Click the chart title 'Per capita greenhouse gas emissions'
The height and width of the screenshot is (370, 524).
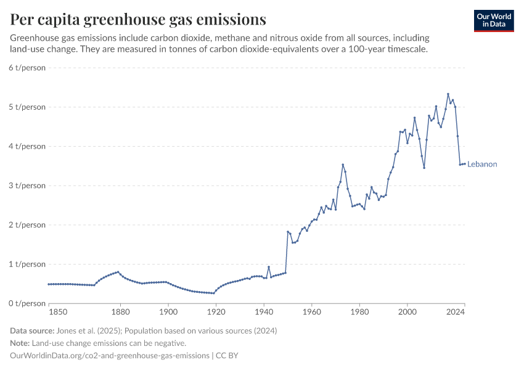click(138, 19)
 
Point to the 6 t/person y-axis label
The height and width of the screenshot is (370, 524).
click(27, 68)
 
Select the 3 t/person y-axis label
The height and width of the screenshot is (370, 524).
click(27, 186)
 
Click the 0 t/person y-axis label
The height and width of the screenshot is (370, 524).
click(27, 303)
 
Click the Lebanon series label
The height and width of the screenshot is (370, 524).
click(482, 164)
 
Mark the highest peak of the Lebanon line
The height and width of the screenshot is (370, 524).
click(448, 94)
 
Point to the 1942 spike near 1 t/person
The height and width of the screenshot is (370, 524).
click(269, 267)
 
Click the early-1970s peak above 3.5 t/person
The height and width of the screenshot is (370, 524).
click(343, 165)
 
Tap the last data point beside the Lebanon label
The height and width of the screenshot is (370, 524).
click(465, 163)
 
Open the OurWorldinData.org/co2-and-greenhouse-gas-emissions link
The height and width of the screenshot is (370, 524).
click(109, 356)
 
